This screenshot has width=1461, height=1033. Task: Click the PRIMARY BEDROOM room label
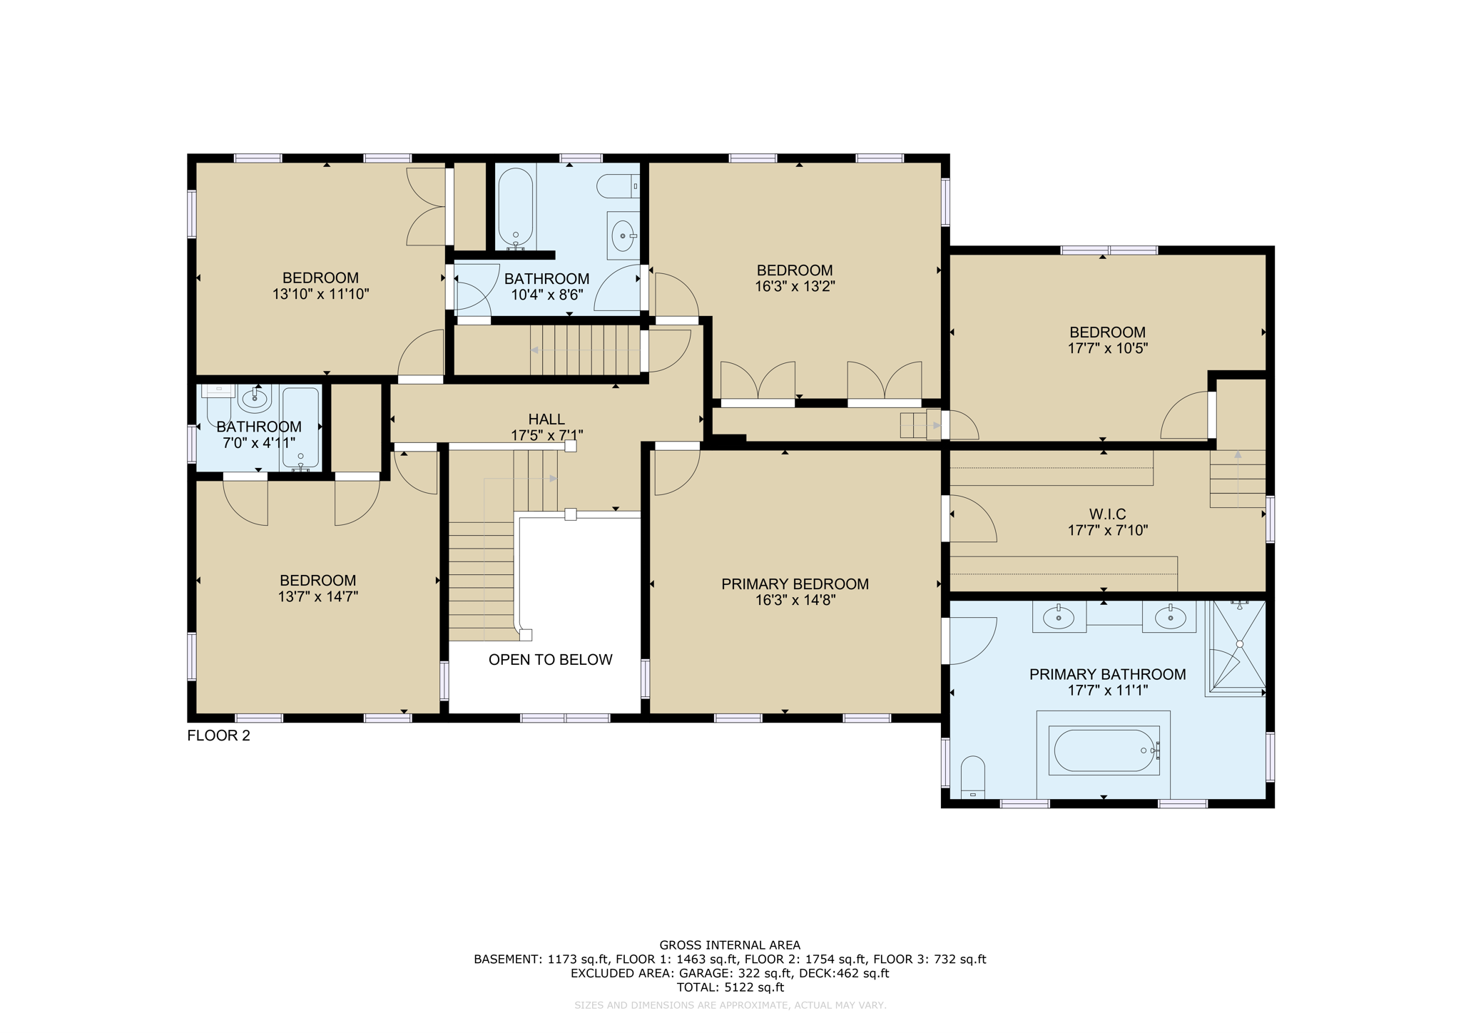pyautogui.click(x=795, y=584)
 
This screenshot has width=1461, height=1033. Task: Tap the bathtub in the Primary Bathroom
pyautogui.click(x=1104, y=750)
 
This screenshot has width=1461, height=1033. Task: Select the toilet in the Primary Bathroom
pyautogui.click(x=972, y=778)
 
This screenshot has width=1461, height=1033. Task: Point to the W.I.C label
pyautogui.click(x=1107, y=514)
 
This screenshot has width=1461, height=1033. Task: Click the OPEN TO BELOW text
pyautogui.click(x=550, y=660)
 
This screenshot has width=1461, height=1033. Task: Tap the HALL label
pyautogui.click(x=546, y=419)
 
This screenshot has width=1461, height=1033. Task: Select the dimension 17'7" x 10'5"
pyautogui.click(x=1107, y=349)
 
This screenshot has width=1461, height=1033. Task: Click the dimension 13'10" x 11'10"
pyautogui.click(x=320, y=294)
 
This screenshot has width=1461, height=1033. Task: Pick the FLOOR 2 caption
pyautogui.click(x=218, y=736)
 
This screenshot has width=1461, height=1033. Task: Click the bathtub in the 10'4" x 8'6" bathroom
pyautogui.click(x=515, y=208)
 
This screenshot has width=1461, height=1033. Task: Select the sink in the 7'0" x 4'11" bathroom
pyautogui.click(x=255, y=397)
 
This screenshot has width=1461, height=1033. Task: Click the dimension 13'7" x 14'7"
pyautogui.click(x=317, y=597)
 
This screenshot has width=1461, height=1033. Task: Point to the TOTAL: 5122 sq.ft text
pyautogui.click(x=730, y=987)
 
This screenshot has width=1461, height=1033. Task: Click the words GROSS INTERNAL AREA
pyautogui.click(x=730, y=945)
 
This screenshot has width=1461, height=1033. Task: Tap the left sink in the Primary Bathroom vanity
pyautogui.click(x=1059, y=617)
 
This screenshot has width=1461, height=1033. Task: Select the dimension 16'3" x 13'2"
pyautogui.click(x=795, y=287)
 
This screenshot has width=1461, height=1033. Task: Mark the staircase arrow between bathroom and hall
pyautogui.click(x=564, y=350)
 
